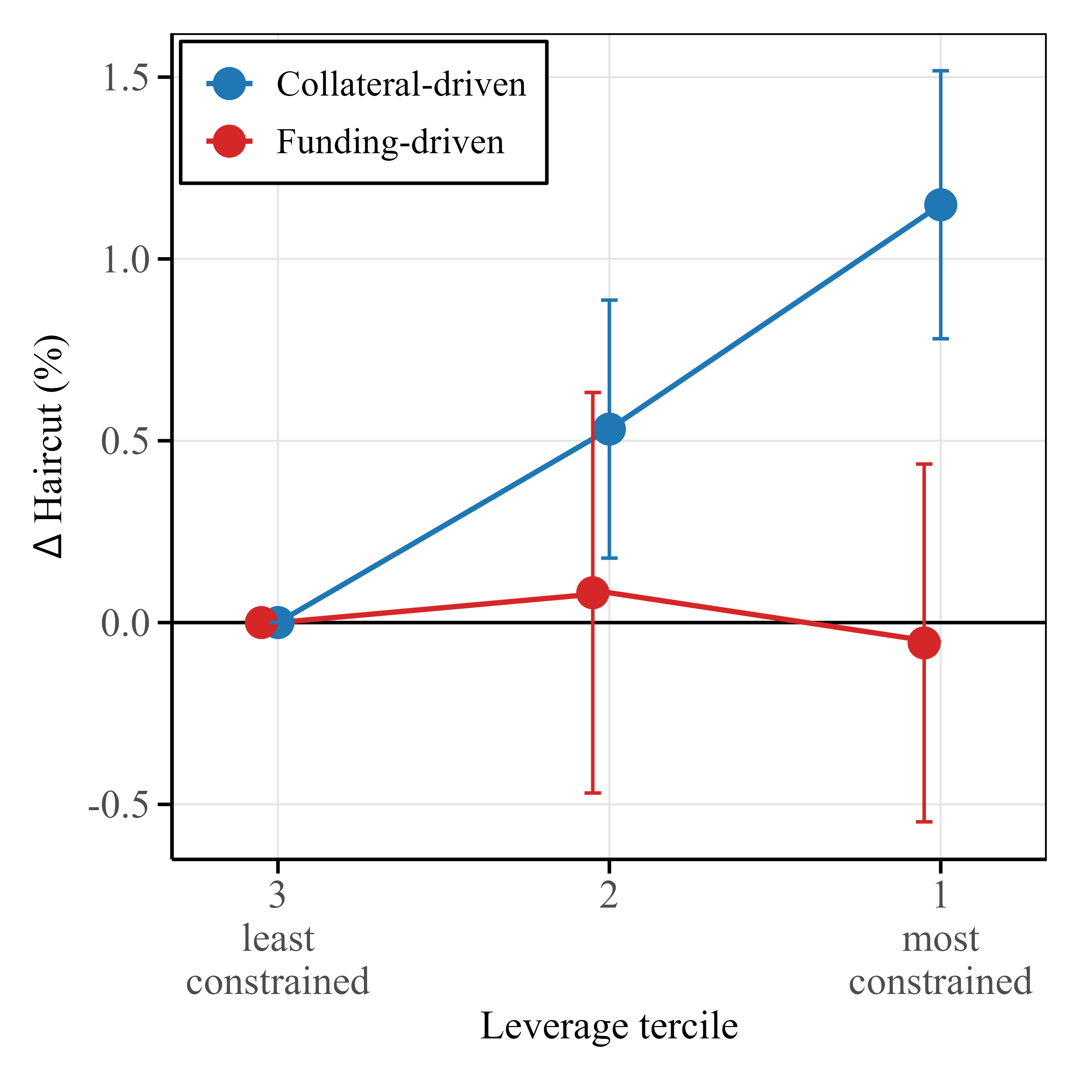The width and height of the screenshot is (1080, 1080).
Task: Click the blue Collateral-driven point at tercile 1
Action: (940, 205)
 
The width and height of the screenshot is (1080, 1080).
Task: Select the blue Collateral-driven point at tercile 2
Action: (609, 429)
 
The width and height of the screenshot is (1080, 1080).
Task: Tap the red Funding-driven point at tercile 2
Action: (592, 592)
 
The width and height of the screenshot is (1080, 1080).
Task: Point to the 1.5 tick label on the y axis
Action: (126, 78)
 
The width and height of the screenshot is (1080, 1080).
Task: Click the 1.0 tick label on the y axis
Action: (126, 259)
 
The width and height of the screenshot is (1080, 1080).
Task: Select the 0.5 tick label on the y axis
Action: (126, 441)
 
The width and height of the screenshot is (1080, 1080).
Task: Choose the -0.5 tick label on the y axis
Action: (120, 805)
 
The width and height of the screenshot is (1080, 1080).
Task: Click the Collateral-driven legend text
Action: (401, 84)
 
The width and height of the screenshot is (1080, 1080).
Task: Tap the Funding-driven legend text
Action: (390, 142)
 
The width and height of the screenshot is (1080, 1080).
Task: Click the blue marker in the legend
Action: (229, 84)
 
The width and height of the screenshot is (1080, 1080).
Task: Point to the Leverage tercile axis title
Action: (609, 1026)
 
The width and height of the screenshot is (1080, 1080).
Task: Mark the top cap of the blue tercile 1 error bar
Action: (940, 71)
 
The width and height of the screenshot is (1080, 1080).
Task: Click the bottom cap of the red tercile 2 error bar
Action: (592, 793)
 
